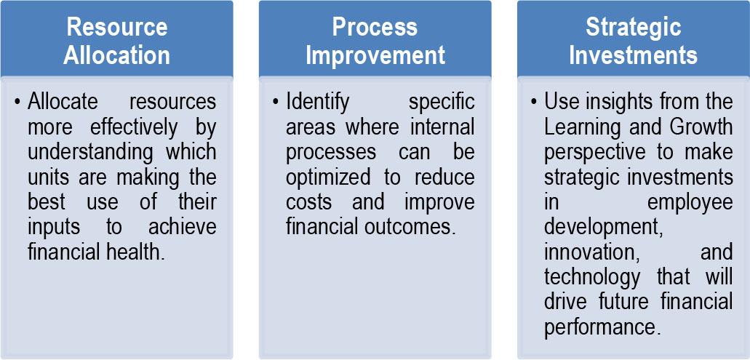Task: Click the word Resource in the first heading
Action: (116, 28)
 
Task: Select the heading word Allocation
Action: (116, 55)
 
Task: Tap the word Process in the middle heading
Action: (375, 28)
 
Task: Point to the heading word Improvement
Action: (375, 55)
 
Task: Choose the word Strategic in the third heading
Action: (633, 28)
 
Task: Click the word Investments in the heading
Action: (633, 55)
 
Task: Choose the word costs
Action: (307, 202)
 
